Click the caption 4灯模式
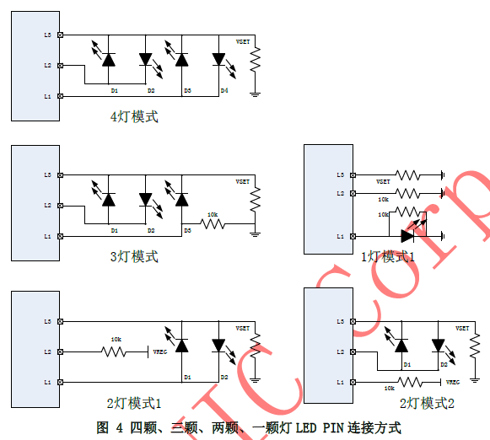134,117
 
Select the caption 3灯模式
134,256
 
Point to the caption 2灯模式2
427,404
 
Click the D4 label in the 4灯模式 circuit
223,89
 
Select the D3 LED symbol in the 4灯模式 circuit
180,60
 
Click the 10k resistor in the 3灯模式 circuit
213,224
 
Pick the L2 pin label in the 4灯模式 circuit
48,65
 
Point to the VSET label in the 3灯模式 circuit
243,181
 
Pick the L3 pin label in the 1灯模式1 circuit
340,174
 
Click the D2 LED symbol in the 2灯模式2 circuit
438,344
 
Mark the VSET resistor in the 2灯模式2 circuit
474,341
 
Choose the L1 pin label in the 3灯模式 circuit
48,236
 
